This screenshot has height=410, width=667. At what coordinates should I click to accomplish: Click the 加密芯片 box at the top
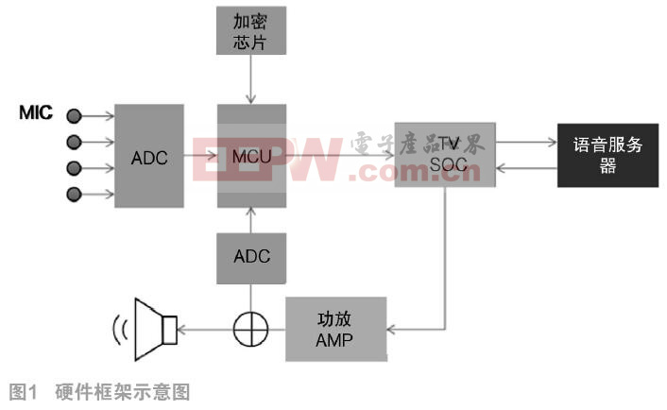[250, 30]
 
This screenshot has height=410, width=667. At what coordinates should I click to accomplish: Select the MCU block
[250, 155]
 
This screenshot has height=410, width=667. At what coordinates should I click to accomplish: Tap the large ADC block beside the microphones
[148, 156]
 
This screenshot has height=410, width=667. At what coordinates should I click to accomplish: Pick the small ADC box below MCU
[250, 256]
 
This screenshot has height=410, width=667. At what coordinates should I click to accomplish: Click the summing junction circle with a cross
[250, 329]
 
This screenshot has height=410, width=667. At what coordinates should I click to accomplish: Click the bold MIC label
[36, 114]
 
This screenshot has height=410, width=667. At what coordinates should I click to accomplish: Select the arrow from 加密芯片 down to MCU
[250, 79]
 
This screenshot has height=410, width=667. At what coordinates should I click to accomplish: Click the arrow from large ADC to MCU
[200, 155]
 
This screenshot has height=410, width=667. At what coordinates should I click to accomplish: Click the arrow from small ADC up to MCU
[250, 220]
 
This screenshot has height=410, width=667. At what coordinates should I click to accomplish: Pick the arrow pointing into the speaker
[204, 329]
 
